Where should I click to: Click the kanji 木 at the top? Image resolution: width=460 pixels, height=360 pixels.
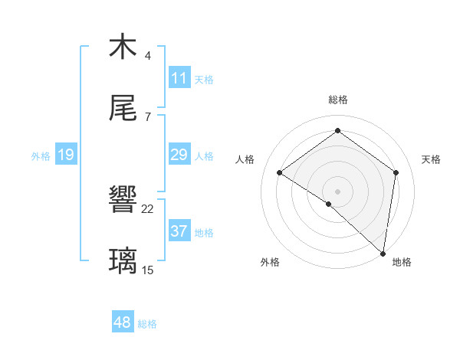123,47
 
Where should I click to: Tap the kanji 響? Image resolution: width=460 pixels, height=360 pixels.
123,200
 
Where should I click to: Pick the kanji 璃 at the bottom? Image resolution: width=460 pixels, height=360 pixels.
123,261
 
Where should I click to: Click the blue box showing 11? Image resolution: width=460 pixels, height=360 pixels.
179,78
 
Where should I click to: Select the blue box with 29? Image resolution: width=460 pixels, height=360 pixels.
179,155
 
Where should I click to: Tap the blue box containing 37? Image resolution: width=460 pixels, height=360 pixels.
179,232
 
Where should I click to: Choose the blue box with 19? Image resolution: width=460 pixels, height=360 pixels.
66,155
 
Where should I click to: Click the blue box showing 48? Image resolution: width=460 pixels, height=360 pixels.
123,323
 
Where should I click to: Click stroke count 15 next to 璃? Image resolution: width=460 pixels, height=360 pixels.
148,270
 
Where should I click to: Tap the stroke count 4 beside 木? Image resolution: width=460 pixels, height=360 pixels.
148,56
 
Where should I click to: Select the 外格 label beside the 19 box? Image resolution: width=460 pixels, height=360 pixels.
41,156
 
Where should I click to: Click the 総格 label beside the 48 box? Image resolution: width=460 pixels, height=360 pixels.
147,324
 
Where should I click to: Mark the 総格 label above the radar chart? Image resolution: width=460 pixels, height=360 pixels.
337,100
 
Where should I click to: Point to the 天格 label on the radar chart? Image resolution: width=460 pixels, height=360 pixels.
432,159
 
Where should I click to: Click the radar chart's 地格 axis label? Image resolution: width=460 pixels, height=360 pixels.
402,262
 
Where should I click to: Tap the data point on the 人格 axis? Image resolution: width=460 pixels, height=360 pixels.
280,172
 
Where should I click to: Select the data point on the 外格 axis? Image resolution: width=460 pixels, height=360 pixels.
329,204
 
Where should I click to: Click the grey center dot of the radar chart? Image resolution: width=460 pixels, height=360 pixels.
337,191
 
